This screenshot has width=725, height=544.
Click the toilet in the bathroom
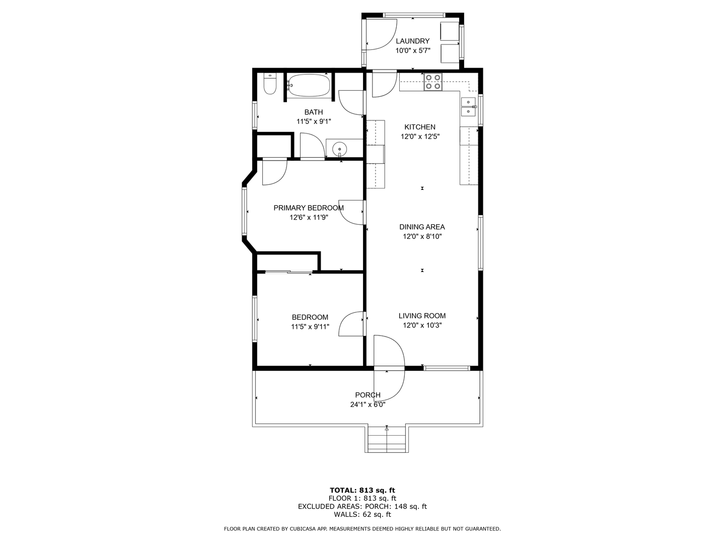(x=270, y=84)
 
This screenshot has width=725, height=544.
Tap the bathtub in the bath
(x=309, y=85)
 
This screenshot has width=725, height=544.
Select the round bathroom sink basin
(x=339, y=148)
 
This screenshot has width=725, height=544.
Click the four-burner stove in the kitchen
(x=433, y=82)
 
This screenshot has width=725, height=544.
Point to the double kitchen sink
(x=469, y=107)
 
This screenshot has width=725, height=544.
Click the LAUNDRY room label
(x=412, y=41)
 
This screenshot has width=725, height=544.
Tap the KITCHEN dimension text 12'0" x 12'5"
(x=420, y=137)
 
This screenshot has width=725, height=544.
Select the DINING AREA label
(x=422, y=227)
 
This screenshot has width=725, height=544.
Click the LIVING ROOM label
(x=422, y=316)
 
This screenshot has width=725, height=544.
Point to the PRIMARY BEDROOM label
(x=309, y=208)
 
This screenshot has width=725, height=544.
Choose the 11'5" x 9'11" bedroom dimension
(x=310, y=327)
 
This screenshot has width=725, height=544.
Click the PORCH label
(x=368, y=395)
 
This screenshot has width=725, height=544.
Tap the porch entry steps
(x=387, y=439)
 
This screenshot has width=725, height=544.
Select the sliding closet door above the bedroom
(x=288, y=272)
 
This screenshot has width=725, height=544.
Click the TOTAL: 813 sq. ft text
(x=362, y=490)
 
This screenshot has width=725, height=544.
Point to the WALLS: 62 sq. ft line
(x=362, y=514)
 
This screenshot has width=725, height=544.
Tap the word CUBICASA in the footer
(x=302, y=529)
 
